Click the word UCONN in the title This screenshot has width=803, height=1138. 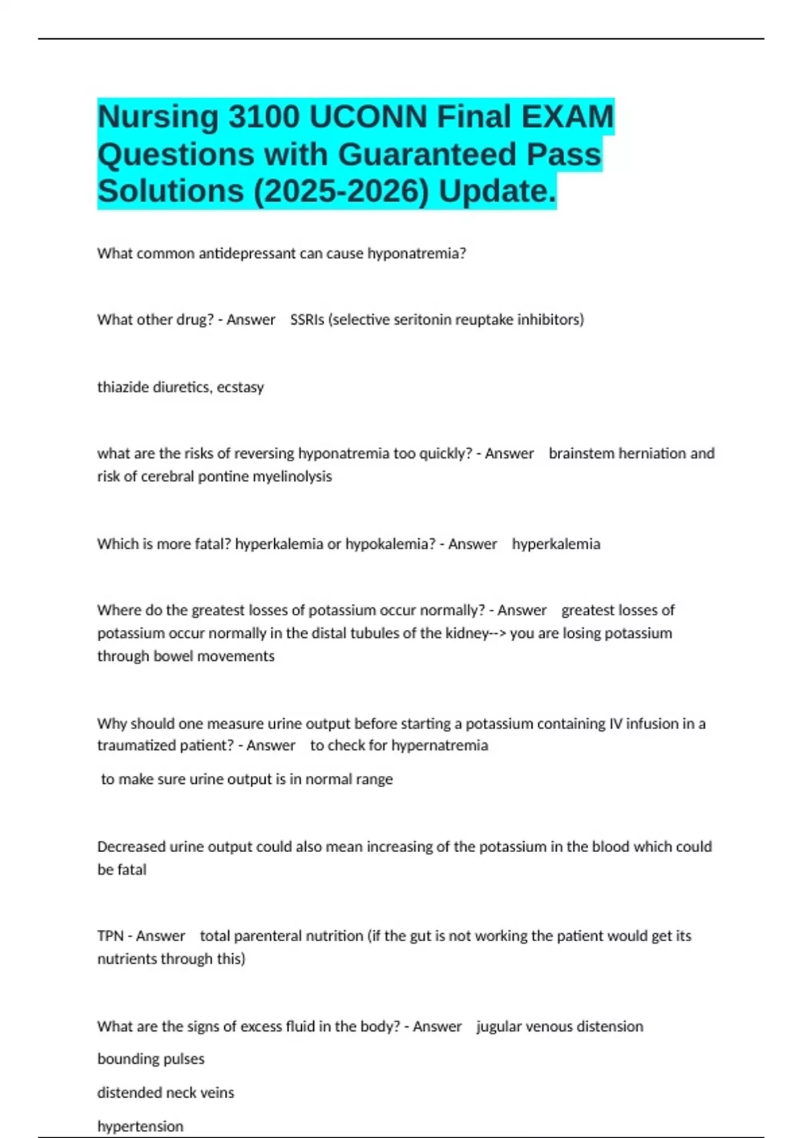(367, 116)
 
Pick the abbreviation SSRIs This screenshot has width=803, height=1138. (307, 320)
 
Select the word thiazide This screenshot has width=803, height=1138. (123, 388)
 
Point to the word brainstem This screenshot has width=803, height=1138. (581, 454)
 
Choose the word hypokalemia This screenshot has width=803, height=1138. (390, 544)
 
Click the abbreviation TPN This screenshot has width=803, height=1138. (110, 936)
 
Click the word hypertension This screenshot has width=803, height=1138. (140, 1127)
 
